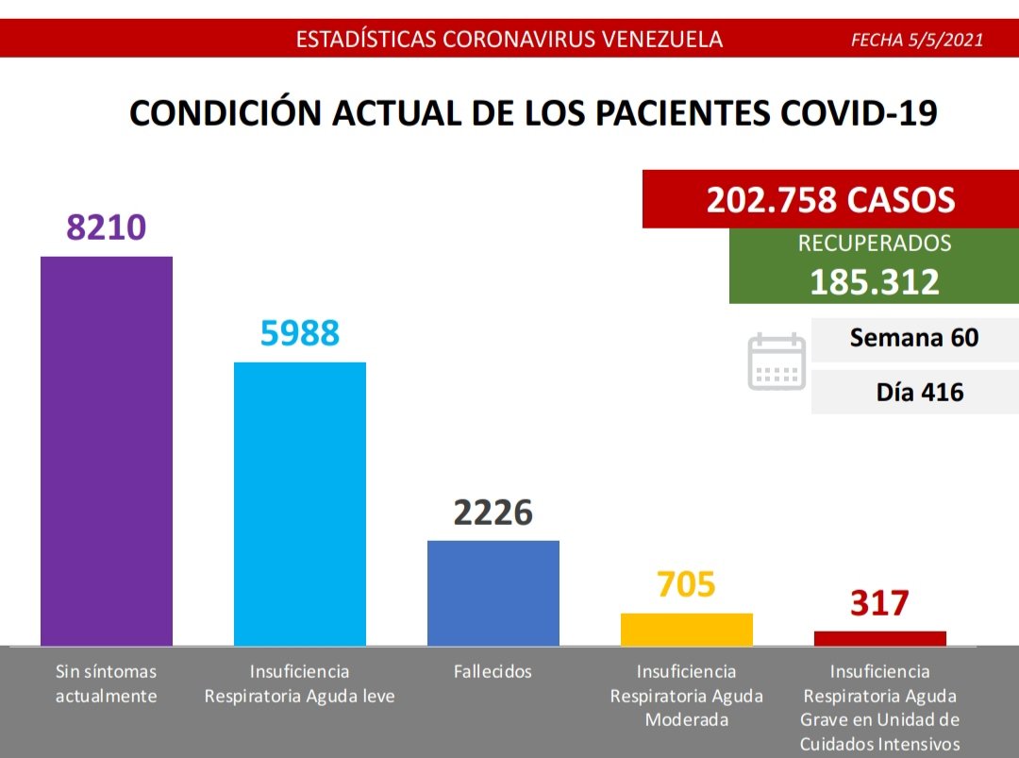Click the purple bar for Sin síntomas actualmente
106,450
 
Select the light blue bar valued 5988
299,503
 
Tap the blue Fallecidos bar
493,593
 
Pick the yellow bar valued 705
686,630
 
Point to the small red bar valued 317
879,638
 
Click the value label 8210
106,227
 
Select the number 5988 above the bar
299,332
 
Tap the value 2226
493,512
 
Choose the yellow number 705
686,584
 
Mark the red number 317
879,602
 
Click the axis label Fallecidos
493,672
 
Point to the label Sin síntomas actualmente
106,684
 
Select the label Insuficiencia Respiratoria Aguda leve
299,684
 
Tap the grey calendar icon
777,362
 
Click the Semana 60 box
913,339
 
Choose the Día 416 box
913,392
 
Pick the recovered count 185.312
874,281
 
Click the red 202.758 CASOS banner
830,199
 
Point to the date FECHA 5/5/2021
917,40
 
